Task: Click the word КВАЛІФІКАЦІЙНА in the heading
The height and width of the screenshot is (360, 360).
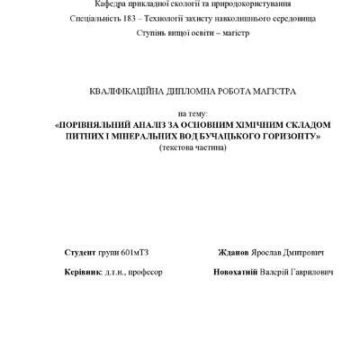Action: point(122,92)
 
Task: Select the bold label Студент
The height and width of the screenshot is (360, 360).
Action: point(81,253)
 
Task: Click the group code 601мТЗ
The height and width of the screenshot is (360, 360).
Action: point(133,253)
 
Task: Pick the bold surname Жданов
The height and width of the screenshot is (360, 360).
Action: point(235,253)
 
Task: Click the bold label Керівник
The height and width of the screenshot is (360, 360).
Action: point(84,271)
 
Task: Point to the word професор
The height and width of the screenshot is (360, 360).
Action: point(145,271)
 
